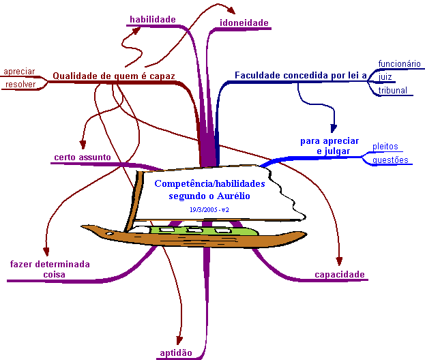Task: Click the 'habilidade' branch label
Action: tap(153, 19)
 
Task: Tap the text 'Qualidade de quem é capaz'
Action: tap(114, 76)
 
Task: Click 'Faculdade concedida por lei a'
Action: tap(301, 75)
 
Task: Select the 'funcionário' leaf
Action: tap(400, 63)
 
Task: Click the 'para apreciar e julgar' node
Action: tap(329, 145)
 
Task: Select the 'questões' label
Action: tap(390, 160)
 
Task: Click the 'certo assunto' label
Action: tap(82, 157)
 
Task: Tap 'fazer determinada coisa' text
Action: tap(49, 269)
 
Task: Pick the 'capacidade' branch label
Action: tap(340, 275)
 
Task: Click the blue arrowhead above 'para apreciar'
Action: tap(334, 127)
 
